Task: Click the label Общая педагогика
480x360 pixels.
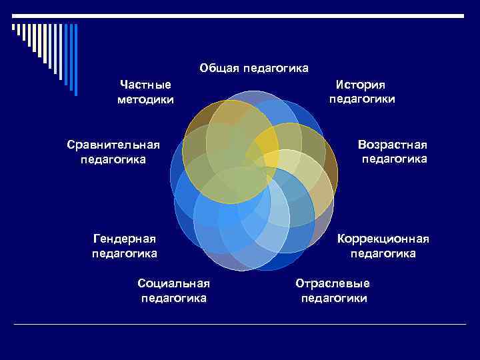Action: [254, 68]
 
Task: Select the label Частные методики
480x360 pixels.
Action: [145, 92]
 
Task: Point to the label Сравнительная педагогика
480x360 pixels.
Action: [113, 151]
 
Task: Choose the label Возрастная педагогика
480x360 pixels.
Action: [393, 151]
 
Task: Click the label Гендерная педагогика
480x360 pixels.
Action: [125, 246]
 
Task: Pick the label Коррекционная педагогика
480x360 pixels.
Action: [383, 246]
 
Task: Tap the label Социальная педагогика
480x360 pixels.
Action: [173, 290]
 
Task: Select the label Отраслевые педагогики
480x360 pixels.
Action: [333, 290]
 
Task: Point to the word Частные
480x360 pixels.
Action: [145, 85]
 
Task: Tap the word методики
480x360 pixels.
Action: [145, 100]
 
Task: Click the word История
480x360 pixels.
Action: [361, 84]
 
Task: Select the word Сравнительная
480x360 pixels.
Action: [113, 144]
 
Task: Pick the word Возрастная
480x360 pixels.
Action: [392, 144]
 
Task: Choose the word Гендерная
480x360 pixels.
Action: [125, 239]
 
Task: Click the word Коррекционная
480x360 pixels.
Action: [383, 239]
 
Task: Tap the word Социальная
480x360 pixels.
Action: [173, 283]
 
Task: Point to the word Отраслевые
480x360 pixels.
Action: [333, 283]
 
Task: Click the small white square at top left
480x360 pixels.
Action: [13, 27]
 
